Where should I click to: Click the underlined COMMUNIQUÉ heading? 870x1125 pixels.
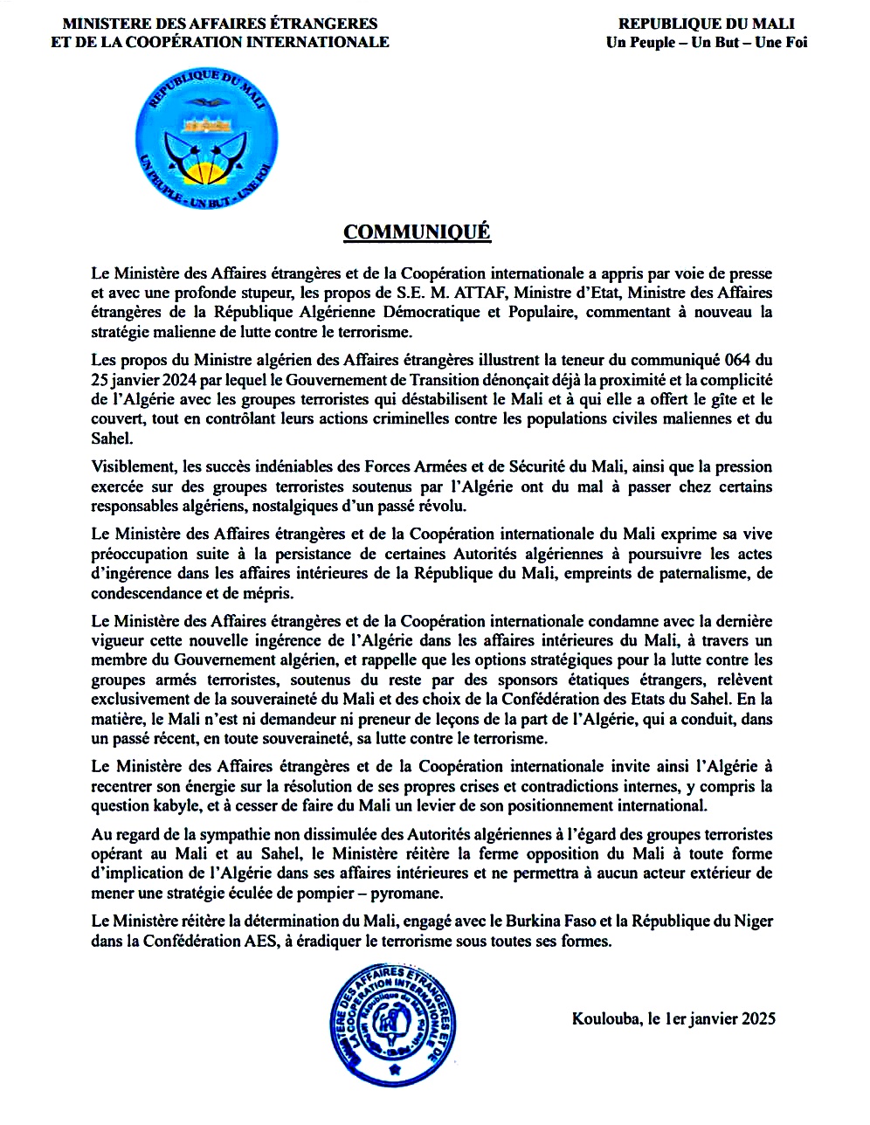point(417,232)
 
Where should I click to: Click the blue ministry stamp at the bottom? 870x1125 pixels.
point(394,1022)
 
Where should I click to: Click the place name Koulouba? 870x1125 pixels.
point(604,1018)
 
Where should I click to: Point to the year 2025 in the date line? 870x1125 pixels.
point(756,1018)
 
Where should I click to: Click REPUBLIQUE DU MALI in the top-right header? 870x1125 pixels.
point(707,24)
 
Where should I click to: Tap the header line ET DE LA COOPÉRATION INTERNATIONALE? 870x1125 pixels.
point(220,42)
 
